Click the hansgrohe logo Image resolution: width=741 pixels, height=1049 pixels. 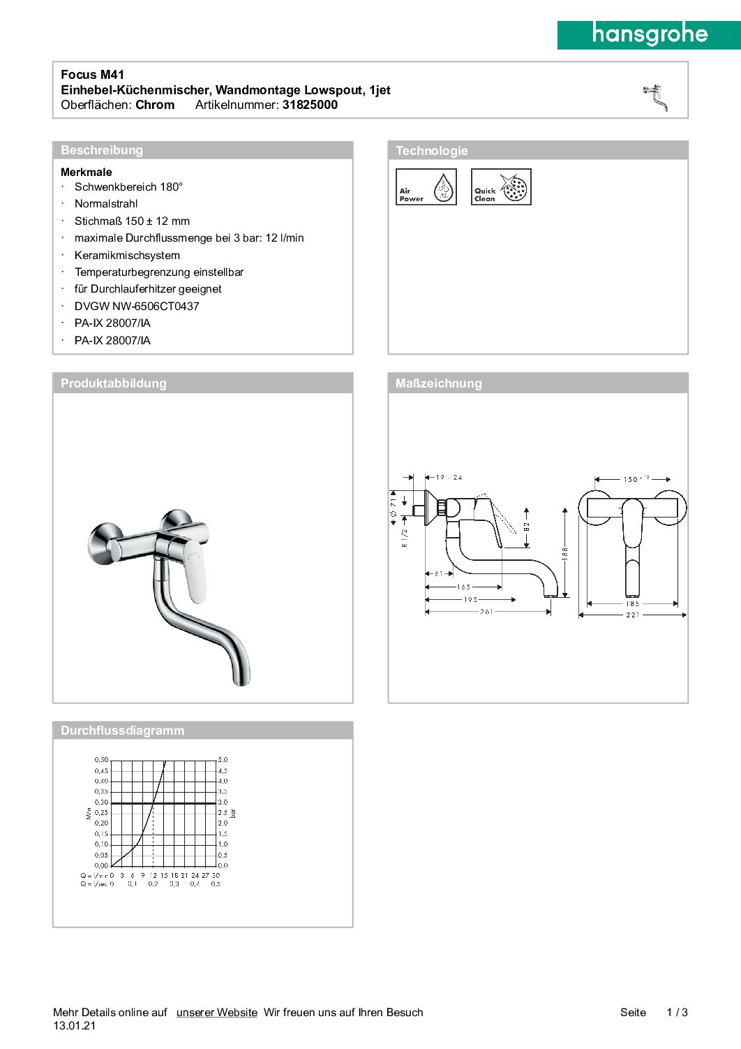[649, 34]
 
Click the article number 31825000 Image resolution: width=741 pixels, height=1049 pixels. [310, 105]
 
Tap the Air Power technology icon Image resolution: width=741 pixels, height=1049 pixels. [426, 187]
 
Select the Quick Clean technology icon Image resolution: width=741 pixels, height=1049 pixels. [501, 187]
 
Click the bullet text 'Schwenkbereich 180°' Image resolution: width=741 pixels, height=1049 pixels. [128, 186]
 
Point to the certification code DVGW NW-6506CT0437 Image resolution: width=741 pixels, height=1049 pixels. [137, 306]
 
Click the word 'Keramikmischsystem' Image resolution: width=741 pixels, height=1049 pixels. [127, 255]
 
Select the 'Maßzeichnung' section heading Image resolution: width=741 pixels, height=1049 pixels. [438, 383]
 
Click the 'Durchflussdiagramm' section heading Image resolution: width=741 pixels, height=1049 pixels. [122, 731]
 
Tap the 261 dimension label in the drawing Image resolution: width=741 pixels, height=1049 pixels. [486, 611]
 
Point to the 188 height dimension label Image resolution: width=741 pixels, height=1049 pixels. [565, 552]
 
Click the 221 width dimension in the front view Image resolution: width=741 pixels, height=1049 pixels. [632, 615]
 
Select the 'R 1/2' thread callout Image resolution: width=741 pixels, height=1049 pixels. [405, 538]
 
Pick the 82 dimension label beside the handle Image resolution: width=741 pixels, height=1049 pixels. [527, 527]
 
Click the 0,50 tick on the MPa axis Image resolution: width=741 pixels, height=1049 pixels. [101, 759]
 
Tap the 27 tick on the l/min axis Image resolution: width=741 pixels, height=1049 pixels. [205, 875]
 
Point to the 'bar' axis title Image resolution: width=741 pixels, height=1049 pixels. [234, 812]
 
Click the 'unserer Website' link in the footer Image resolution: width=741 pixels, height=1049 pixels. [216, 1012]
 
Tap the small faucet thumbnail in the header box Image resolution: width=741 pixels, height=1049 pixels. [655, 97]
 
